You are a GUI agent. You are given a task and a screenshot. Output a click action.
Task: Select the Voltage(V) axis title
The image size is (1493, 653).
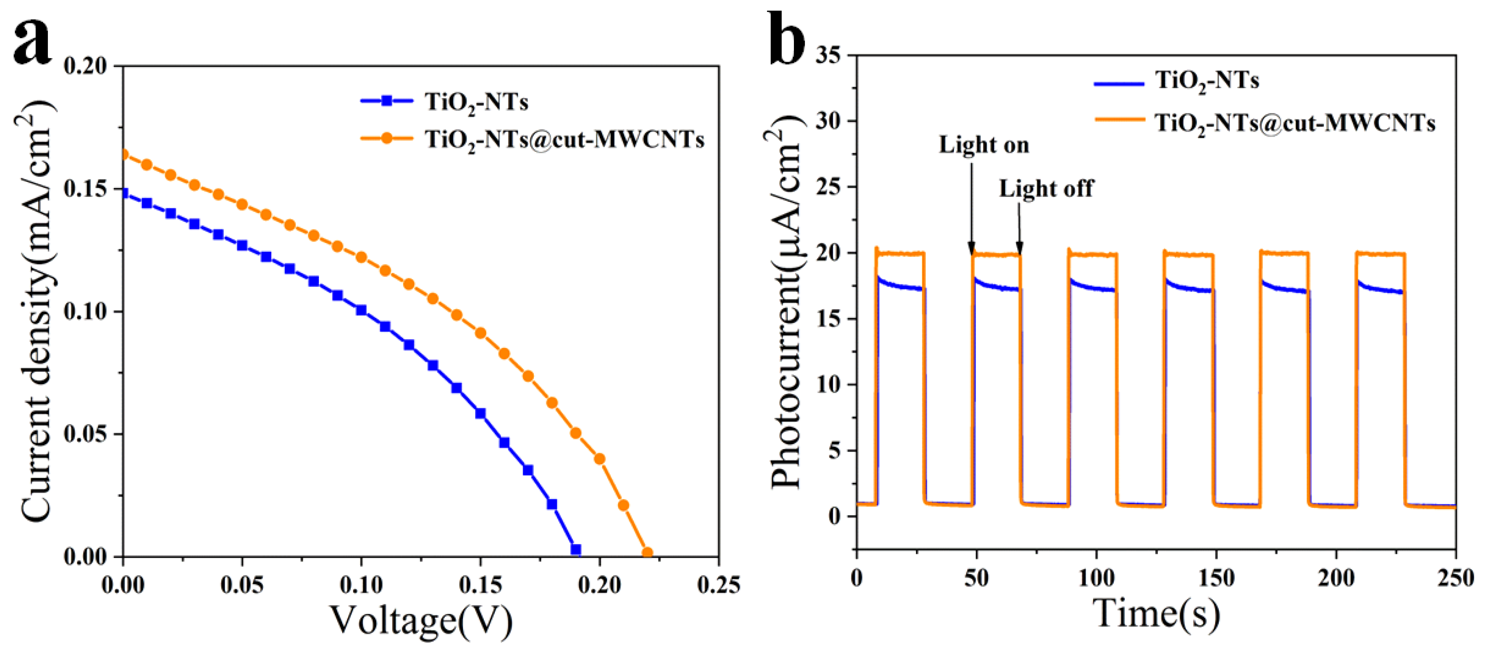(421, 620)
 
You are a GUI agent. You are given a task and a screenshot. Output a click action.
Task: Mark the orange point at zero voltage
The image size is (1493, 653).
(123, 155)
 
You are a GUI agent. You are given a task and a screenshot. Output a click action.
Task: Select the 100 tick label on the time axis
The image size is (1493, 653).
(1097, 578)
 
